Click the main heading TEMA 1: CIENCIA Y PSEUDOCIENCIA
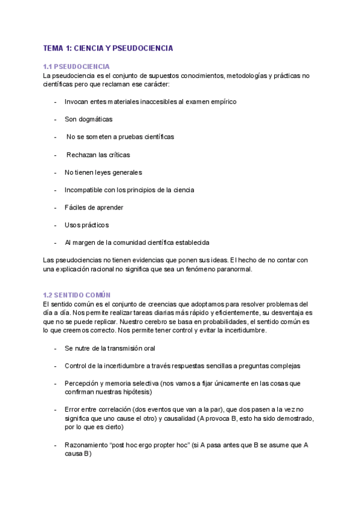click(x=108, y=47)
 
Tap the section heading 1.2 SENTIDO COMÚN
click(x=77, y=295)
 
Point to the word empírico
click(x=223, y=101)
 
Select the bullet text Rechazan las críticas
click(x=98, y=155)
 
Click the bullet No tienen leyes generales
click(x=103, y=172)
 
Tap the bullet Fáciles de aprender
click(x=94, y=208)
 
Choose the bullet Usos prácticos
click(x=86, y=225)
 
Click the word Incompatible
click(x=84, y=190)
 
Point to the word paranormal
click(x=238, y=269)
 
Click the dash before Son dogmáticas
click(x=55, y=119)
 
